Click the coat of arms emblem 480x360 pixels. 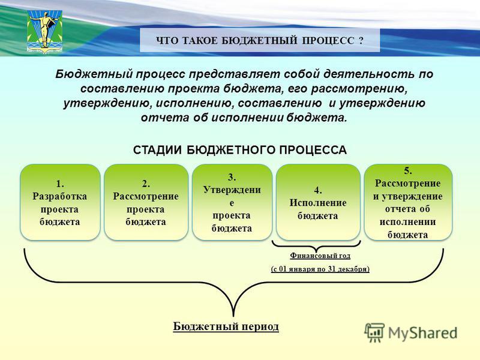point(44,32)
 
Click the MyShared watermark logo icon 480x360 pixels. point(374,332)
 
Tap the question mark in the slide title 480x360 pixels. point(361,40)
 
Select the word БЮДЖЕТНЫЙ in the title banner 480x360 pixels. point(259,40)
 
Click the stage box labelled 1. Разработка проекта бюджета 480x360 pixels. point(60,202)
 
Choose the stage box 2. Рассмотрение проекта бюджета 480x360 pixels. point(146,202)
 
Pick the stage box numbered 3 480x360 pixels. point(232,202)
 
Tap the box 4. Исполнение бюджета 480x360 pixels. point(318,202)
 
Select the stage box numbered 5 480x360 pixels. point(408,202)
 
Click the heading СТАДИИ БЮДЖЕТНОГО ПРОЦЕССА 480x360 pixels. point(239,150)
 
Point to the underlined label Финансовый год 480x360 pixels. point(320,256)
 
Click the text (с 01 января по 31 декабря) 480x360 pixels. point(320,269)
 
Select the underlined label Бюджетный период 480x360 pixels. point(226,326)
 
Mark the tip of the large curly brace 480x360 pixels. point(233,316)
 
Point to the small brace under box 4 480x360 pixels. point(316,245)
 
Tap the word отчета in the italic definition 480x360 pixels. point(164,118)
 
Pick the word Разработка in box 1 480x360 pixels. point(59,196)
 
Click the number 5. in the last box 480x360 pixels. point(408,170)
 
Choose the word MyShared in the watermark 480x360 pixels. point(423,334)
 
